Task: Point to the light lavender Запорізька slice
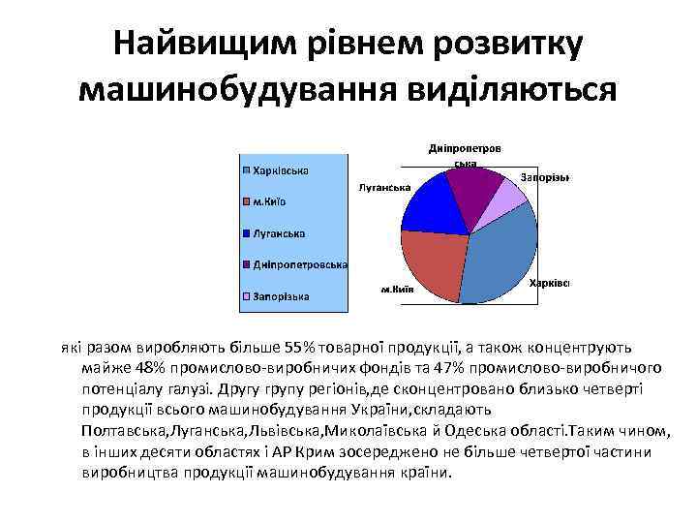click(508, 200)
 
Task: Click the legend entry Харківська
click(281, 170)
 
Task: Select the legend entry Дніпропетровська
click(300, 264)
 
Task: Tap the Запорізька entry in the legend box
click(281, 295)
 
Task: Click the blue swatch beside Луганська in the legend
click(247, 233)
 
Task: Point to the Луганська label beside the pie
click(385, 187)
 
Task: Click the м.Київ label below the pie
click(397, 289)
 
